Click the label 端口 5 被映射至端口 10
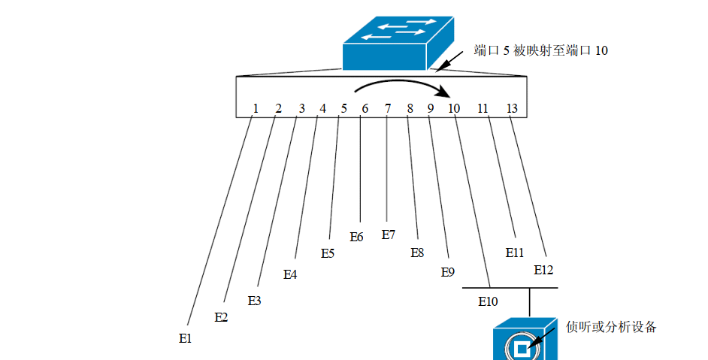540,51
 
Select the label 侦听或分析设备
611,327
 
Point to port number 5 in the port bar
343,108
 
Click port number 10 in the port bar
453,108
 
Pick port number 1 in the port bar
256,108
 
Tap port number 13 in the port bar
512,108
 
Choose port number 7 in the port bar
388,108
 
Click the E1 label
186,339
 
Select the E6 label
356,237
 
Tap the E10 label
488,302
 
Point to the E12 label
543,268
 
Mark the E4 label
290,274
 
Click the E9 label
447,272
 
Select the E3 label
255,301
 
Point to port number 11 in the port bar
483,108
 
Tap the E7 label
388,234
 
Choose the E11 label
514,253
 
